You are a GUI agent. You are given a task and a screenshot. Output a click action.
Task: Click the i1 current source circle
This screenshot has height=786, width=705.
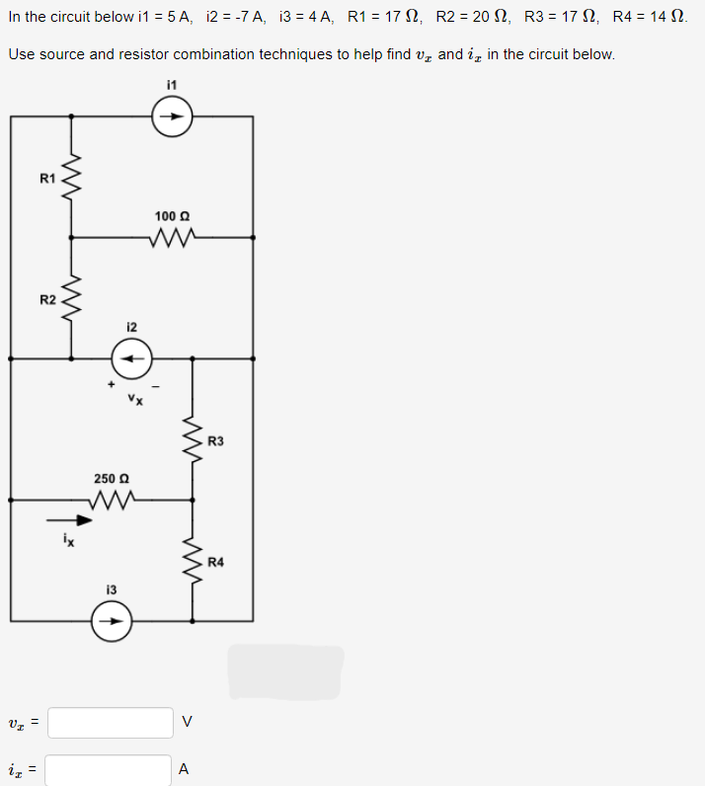pyautogui.click(x=171, y=117)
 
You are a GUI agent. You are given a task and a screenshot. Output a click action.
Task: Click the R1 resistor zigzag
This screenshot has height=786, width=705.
pyautogui.click(x=70, y=177)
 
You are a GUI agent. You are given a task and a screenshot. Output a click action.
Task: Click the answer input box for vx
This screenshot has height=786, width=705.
pyautogui.click(x=111, y=722)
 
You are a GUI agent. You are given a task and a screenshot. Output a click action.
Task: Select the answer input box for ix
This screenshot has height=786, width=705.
pyautogui.click(x=109, y=769)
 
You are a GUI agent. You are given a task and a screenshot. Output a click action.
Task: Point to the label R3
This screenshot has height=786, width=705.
pyautogui.click(x=216, y=440)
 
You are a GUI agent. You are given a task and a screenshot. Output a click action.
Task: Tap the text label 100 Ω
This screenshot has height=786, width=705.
pyautogui.click(x=172, y=215)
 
